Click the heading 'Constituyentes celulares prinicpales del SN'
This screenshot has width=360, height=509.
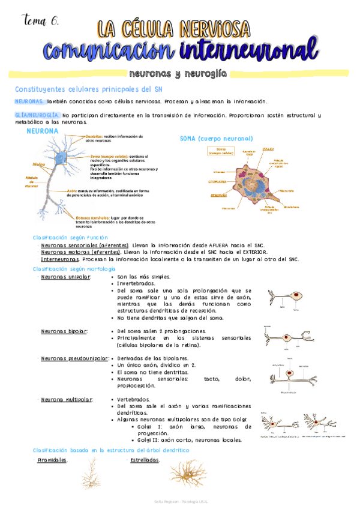88,89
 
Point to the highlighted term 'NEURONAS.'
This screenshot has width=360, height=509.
29,102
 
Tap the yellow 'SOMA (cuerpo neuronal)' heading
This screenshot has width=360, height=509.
217,139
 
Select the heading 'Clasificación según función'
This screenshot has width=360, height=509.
70,238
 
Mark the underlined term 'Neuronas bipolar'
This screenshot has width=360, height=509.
64,331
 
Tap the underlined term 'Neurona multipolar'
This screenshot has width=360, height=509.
65,399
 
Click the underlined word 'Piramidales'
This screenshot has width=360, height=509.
52,460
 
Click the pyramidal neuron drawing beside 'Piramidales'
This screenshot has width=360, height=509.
92,474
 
